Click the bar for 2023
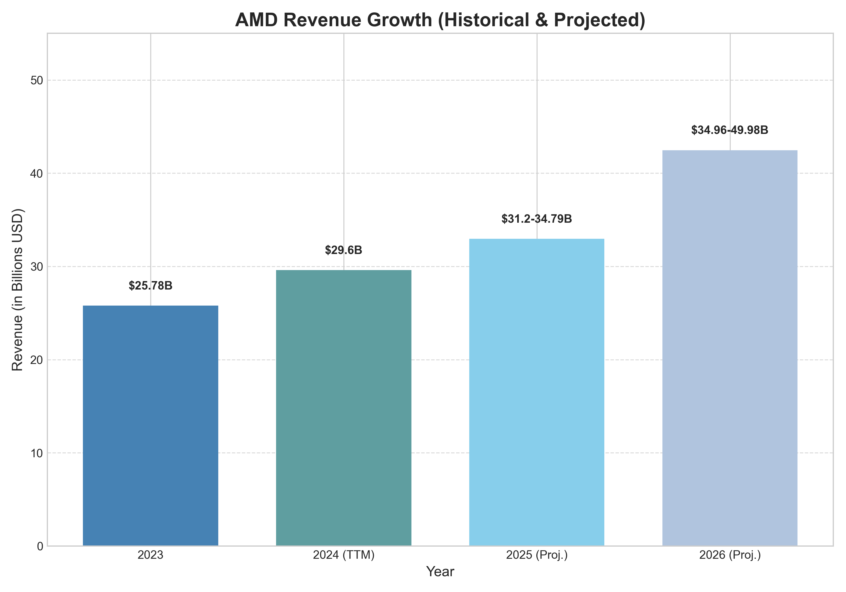[x=150, y=425]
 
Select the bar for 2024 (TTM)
[x=343, y=408]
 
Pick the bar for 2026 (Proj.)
[x=730, y=348]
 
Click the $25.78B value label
[x=150, y=286]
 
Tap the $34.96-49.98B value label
[x=730, y=130]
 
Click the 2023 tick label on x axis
[x=150, y=555]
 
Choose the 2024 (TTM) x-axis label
[x=343, y=555]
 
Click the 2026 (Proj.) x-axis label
[x=730, y=555]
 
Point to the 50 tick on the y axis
[x=36, y=80]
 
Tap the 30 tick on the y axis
[x=36, y=267]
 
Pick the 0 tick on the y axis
[x=40, y=546]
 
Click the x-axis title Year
[x=440, y=572]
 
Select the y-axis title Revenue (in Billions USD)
[x=17, y=290]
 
